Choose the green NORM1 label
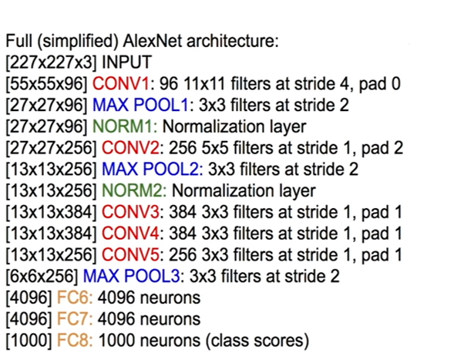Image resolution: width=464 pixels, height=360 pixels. point(114,124)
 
